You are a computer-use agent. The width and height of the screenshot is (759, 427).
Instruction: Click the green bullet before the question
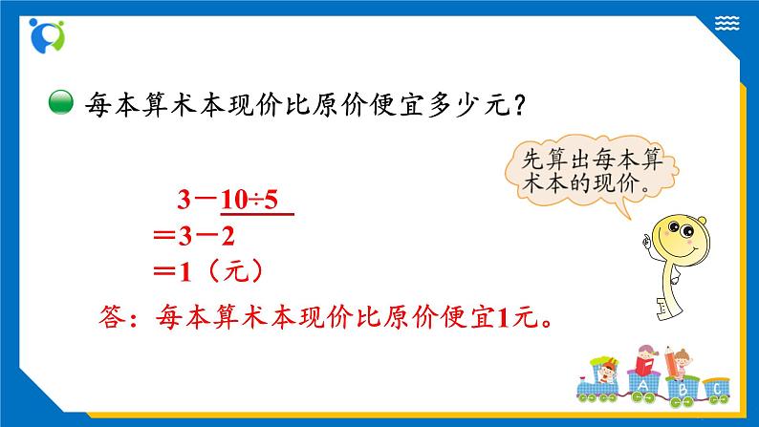coord(61,103)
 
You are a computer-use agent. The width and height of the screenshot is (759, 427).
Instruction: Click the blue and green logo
coord(47,35)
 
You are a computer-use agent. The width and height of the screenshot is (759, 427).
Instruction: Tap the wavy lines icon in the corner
coord(726,23)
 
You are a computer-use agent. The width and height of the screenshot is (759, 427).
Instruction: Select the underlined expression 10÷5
coord(249,200)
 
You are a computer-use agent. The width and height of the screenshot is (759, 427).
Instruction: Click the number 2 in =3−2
coord(228,237)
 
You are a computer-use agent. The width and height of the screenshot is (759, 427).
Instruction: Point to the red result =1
coord(172,272)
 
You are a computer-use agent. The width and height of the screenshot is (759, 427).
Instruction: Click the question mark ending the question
coord(520,104)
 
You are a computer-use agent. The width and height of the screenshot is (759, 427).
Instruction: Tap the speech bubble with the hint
coord(592,173)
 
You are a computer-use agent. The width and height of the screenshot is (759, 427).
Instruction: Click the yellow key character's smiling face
coord(680,238)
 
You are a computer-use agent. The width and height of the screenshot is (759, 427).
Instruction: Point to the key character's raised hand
coord(647,241)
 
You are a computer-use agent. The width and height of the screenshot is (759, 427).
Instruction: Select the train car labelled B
coord(683,390)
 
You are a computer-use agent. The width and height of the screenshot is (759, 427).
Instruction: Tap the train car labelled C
coord(717,390)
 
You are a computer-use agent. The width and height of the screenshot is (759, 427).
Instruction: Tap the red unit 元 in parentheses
coord(236,272)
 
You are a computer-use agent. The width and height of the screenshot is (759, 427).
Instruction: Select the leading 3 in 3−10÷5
coord(184,200)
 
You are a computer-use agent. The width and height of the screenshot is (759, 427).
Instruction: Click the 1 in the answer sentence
coord(504,318)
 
